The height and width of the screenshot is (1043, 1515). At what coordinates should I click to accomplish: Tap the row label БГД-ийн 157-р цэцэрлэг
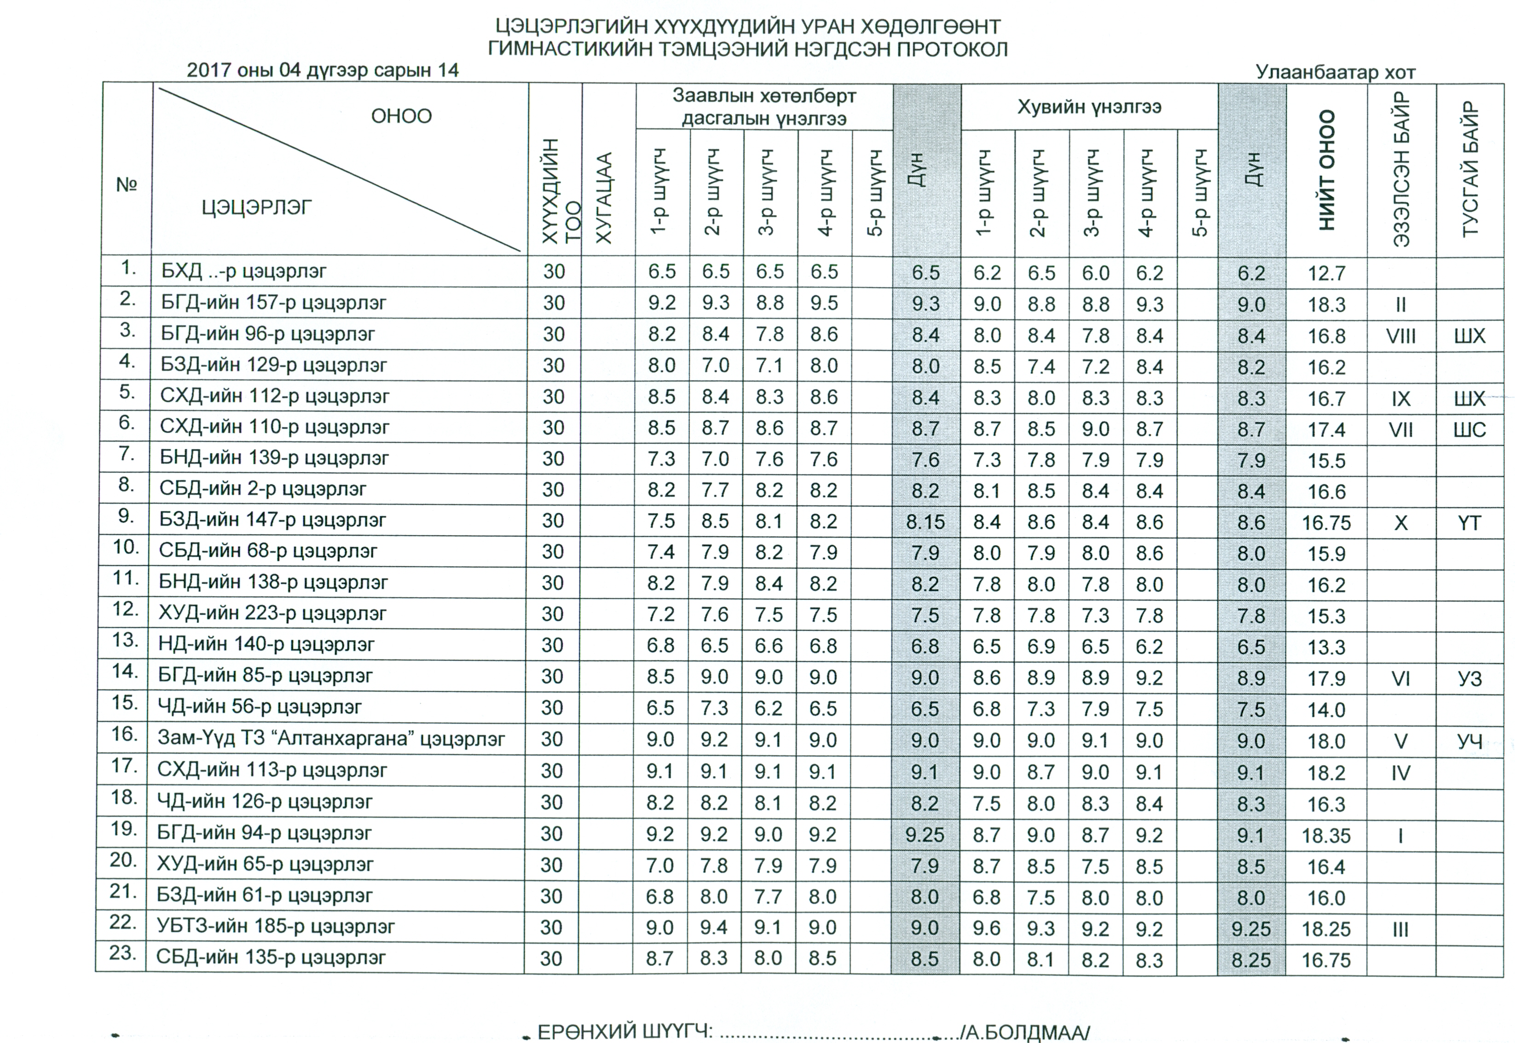tap(273, 303)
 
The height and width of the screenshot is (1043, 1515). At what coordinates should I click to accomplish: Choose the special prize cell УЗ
tap(1469, 679)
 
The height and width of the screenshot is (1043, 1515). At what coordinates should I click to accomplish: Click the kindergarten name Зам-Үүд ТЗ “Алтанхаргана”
tap(331, 739)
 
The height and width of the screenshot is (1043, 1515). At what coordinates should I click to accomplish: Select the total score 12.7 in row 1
tap(1326, 273)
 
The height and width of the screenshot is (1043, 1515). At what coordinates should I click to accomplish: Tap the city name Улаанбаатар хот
tap(1335, 72)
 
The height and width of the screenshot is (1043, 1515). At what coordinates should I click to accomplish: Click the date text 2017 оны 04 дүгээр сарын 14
tap(322, 70)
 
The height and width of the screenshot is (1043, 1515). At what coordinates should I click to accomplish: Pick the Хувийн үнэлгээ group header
tap(1089, 107)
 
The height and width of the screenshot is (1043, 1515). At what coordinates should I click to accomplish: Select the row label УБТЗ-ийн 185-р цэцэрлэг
tap(275, 927)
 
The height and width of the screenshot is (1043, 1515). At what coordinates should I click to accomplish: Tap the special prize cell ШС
tap(1469, 430)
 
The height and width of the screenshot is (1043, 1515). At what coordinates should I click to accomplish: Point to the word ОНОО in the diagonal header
tap(401, 116)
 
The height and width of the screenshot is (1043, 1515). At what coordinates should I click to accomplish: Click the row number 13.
tap(124, 641)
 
